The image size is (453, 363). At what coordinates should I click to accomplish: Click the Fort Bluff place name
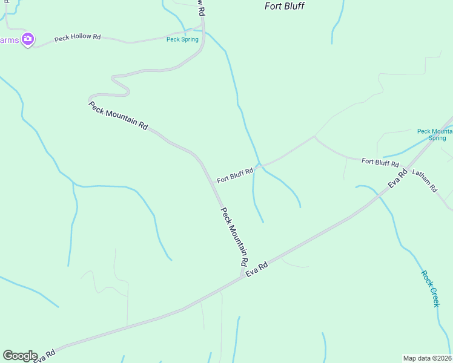point(285,6)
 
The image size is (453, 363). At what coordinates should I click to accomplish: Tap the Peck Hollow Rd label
point(78,37)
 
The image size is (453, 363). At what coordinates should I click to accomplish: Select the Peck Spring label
point(182,40)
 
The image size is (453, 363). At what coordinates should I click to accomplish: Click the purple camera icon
point(27,39)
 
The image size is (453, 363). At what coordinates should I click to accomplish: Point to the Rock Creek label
point(430,288)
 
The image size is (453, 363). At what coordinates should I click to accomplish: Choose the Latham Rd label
point(425,180)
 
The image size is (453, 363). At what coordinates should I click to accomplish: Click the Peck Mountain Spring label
point(435,134)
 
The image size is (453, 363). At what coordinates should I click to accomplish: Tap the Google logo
point(20,356)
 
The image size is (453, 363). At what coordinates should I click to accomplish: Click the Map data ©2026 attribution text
point(428,358)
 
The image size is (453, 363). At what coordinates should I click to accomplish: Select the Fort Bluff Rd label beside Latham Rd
point(380,162)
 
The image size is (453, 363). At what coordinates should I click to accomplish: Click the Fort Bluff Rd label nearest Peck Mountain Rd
point(235,175)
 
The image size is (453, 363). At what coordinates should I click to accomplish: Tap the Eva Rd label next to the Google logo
point(45,356)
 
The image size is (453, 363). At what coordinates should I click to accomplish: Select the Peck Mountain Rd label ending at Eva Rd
point(234,237)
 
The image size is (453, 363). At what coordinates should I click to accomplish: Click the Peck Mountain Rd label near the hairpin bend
point(118,116)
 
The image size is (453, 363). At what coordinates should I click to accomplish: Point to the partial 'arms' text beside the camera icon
point(10,40)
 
